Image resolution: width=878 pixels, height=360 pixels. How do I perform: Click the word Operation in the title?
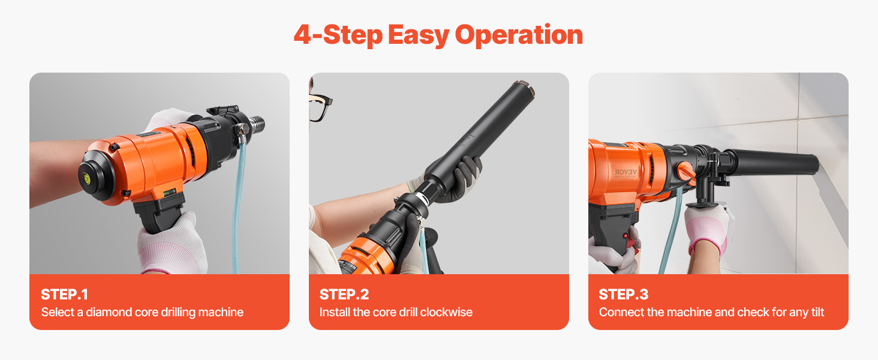pyautogui.click(x=519, y=35)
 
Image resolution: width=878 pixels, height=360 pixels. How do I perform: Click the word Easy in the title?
pyautogui.click(x=418, y=35)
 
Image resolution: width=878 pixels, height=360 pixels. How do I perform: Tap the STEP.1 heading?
pyautogui.click(x=64, y=295)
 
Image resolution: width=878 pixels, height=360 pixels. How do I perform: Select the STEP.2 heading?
pyautogui.click(x=344, y=295)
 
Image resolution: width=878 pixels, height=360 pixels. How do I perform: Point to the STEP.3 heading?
pyautogui.click(x=624, y=295)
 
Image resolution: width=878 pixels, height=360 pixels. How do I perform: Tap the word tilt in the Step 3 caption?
pyautogui.click(x=817, y=312)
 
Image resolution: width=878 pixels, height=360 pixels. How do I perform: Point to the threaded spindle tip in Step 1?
pyautogui.click(x=257, y=124)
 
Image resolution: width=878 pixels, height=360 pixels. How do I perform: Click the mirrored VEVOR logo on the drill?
pyautogui.click(x=626, y=172)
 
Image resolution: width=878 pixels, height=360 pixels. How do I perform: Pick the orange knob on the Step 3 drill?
pyautogui.click(x=686, y=172)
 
